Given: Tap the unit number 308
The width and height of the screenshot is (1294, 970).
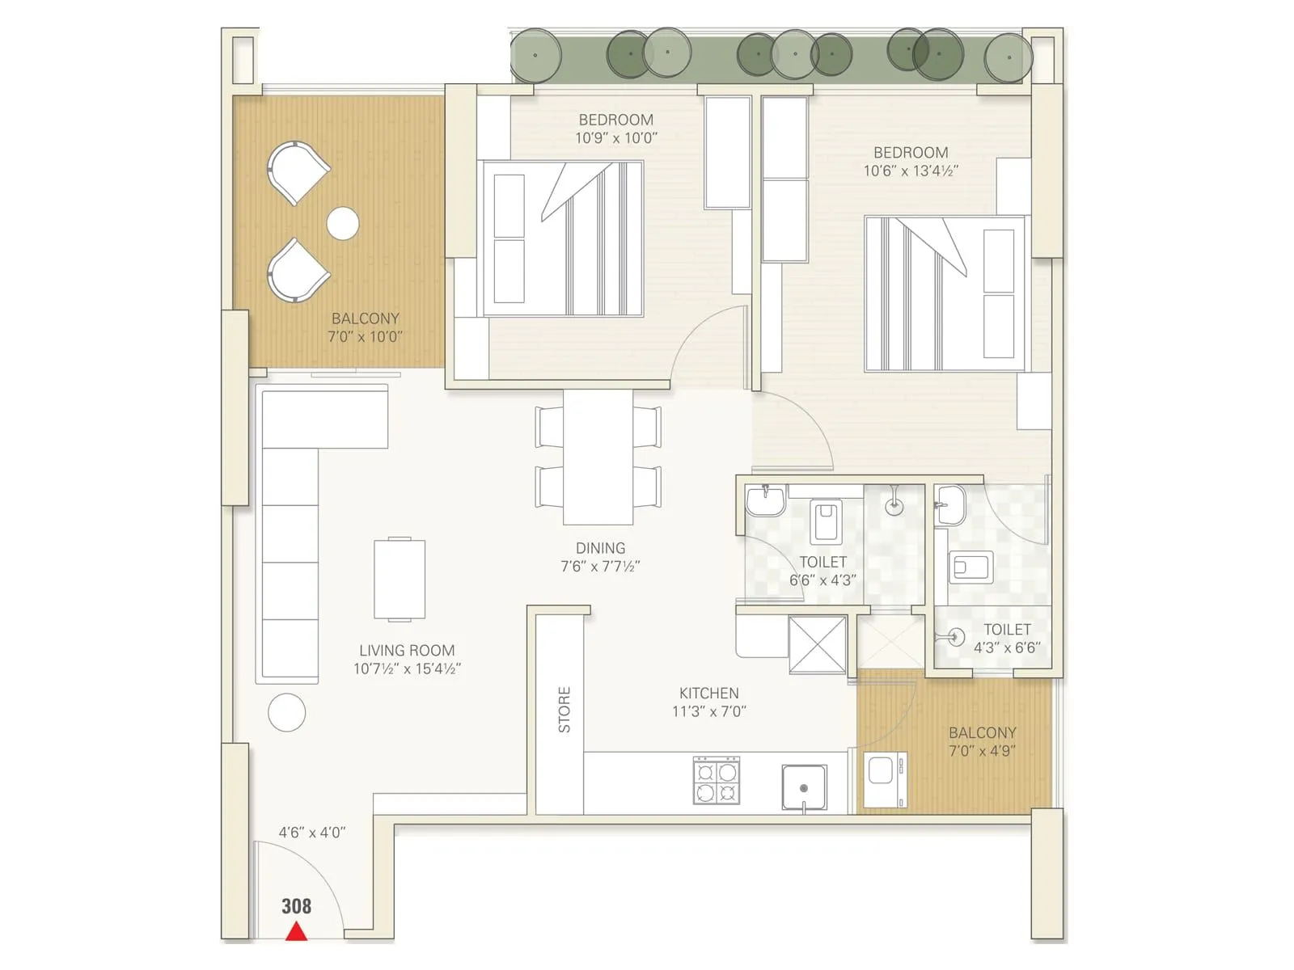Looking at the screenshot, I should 296,906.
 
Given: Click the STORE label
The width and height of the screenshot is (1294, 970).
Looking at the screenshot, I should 564,710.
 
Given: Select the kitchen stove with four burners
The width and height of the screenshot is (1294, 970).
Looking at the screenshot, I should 717,780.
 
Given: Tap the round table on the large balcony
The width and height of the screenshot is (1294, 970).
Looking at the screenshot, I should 343,223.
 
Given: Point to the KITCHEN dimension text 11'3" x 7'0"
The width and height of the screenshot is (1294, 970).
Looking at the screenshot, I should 708,711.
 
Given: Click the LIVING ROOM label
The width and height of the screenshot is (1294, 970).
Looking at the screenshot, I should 407,650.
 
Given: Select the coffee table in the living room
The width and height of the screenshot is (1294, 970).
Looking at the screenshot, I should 400,580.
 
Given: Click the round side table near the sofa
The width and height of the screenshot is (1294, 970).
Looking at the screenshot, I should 286,712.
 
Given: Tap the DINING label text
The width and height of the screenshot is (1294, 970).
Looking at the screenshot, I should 600,548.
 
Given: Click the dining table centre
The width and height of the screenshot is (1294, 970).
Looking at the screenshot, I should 598,458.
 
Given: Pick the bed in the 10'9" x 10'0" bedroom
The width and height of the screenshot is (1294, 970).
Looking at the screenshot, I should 563,238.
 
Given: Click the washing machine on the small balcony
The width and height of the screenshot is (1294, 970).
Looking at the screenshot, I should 885,779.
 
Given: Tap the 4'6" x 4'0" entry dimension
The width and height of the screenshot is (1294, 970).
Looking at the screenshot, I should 312,832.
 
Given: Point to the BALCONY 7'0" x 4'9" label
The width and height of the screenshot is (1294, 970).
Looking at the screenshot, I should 982,741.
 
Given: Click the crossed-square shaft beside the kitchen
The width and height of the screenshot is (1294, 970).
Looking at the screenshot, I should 817,644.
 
